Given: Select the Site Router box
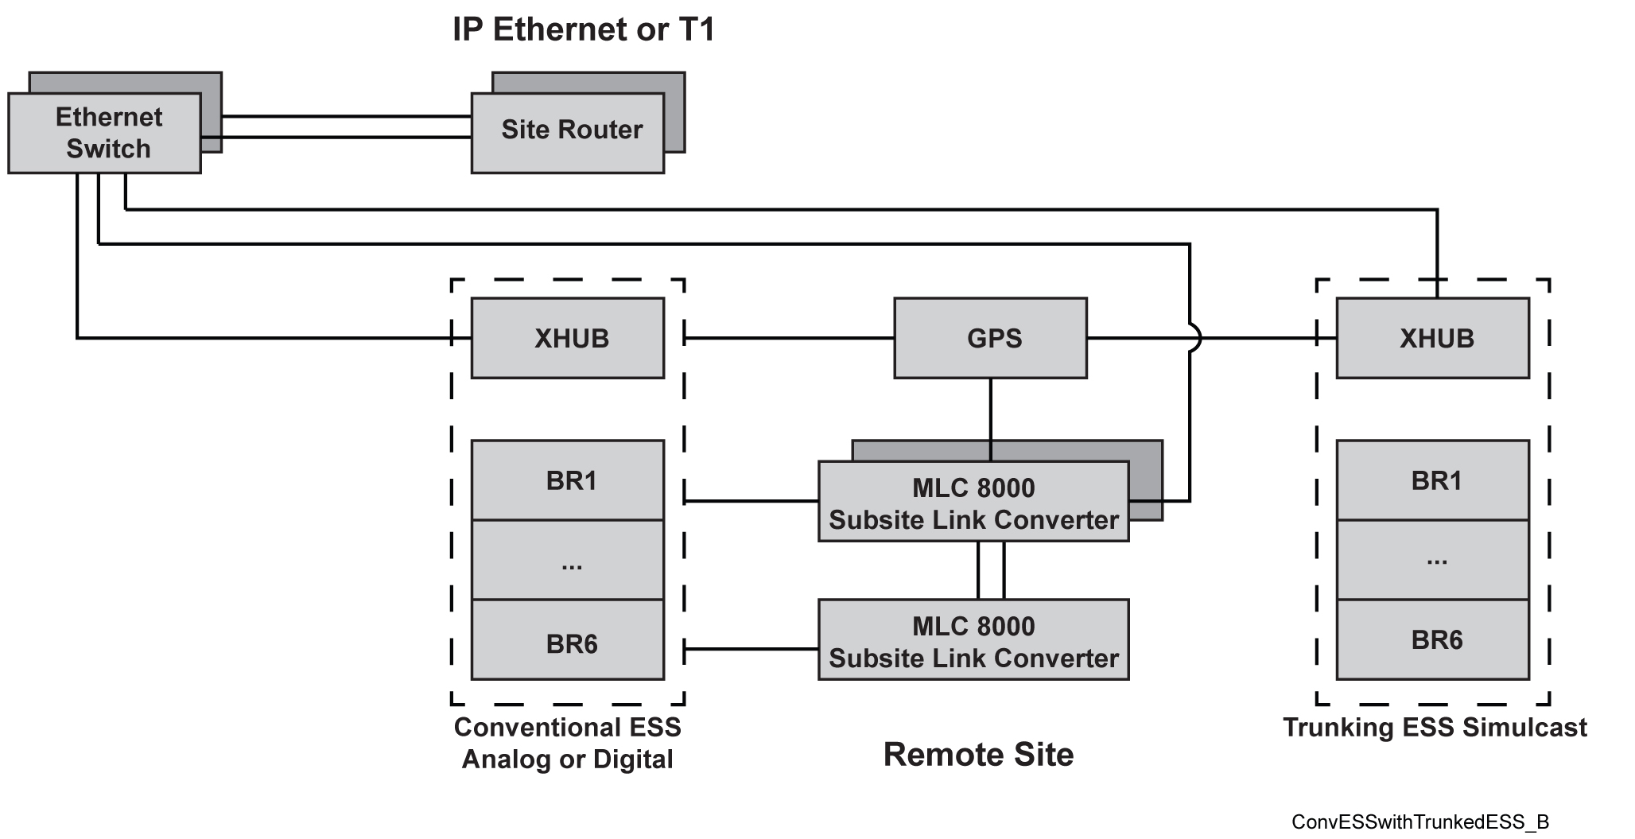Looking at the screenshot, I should pyautogui.click(x=568, y=133).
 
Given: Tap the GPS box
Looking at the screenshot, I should pyautogui.click(x=990, y=338).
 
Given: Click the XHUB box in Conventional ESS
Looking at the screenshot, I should pyautogui.click(x=568, y=338).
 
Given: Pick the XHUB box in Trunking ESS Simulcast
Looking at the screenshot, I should pyautogui.click(x=1432, y=338).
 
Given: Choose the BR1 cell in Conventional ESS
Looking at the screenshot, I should pyautogui.click(x=568, y=480).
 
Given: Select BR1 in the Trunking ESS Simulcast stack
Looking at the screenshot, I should pyautogui.click(x=1432, y=480).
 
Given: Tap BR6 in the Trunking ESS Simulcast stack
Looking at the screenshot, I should pyautogui.click(x=1432, y=640).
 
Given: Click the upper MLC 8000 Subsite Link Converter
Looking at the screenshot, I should pyautogui.click(x=973, y=503).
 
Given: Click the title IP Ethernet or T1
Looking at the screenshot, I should pyautogui.click(x=584, y=29).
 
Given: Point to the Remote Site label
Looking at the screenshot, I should pyautogui.click(x=978, y=754).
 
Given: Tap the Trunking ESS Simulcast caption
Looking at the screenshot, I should pyautogui.click(x=1435, y=727).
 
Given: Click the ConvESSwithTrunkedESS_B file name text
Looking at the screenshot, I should pyautogui.click(x=1420, y=822).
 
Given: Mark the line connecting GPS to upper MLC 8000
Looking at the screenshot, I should pyautogui.click(x=990, y=419).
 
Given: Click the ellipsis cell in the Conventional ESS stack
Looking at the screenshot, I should pyautogui.click(x=568, y=560).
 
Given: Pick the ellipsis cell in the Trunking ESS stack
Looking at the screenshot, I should pyautogui.click(x=1432, y=560).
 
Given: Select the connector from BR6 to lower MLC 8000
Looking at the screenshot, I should pyautogui.click(x=751, y=649).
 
